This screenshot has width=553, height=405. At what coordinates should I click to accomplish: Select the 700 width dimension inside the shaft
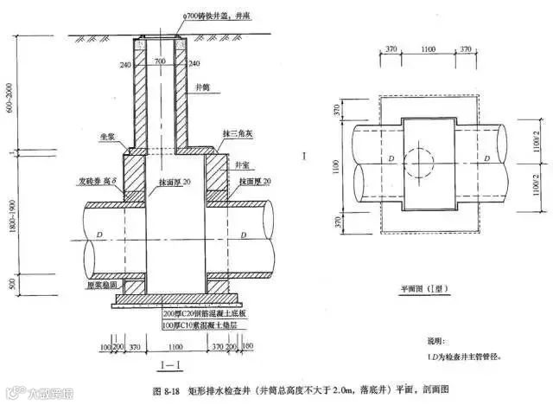tap(159, 63)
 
